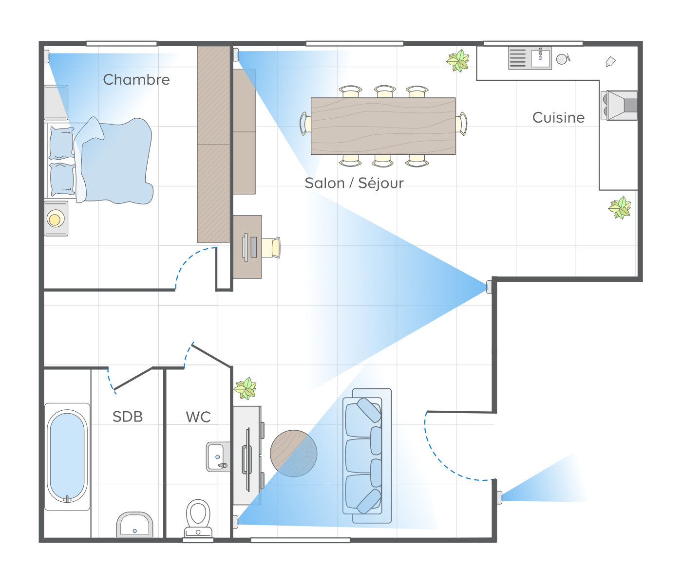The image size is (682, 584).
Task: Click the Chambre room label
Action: [136, 79]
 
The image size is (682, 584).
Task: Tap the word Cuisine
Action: [558, 117]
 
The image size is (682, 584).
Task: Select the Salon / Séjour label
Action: [354, 183]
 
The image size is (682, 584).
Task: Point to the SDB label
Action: [128, 417]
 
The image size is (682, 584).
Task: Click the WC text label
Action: [198, 417]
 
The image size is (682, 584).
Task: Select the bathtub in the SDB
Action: [67, 456]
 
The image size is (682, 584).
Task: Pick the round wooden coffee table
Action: [293, 453]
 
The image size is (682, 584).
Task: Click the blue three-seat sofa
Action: [367, 456]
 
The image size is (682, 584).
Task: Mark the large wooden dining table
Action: [383, 126]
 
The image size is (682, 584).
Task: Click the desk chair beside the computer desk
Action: [271, 247]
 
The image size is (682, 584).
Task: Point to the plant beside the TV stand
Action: [246, 388]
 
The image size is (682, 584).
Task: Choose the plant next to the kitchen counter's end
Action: [620, 208]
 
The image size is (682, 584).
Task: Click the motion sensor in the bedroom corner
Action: [47, 56]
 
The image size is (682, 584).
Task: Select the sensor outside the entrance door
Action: [499, 498]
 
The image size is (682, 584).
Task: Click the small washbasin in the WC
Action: [218, 457]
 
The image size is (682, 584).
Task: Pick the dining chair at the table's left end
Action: [305, 124]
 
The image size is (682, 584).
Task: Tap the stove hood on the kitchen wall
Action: [619, 105]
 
